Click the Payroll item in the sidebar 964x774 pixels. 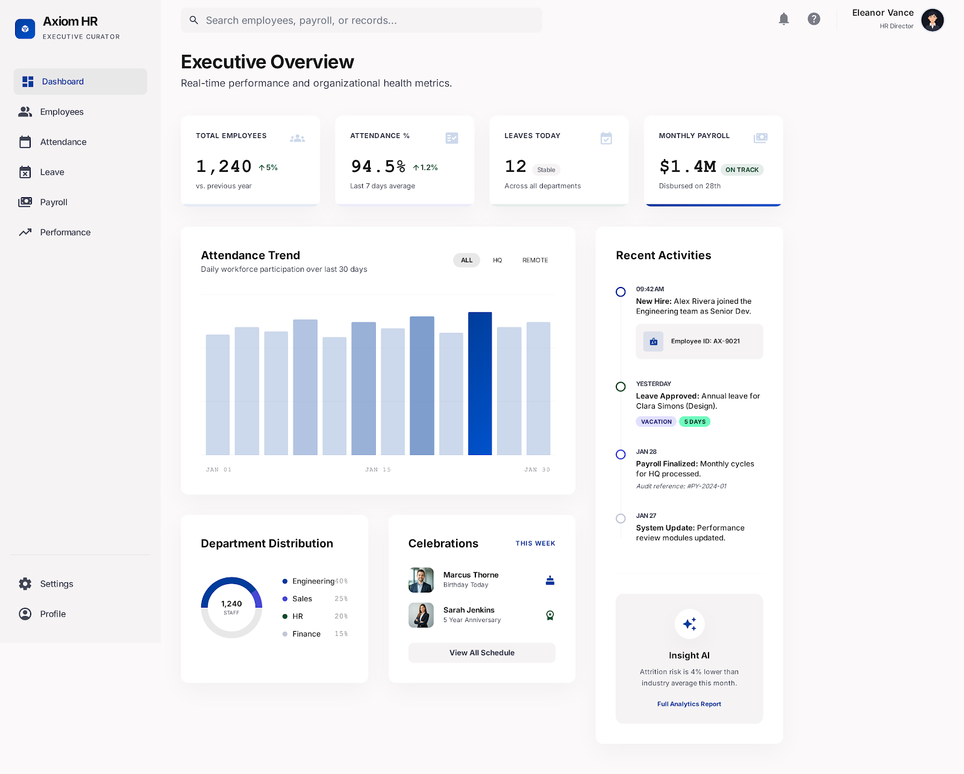pyautogui.click(x=53, y=202)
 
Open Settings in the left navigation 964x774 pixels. pyautogui.click(x=56, y=584)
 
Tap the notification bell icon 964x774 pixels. pyautogui.click(x=783, y=19)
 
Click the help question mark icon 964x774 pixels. pyautogui.click(x=813, y=19)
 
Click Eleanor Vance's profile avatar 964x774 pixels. pyautogui.click(x=932, y=20)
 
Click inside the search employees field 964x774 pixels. pyautogui.click(x=361, y=20)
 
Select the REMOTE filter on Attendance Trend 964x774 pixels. pyautogui.click(x=534, y=260)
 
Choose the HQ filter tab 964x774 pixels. pyautogui.click(x=497, y=260)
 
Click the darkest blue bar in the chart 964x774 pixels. pyautogui.click(x=480, y=383)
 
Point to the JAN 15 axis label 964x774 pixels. pyautogui.click(x=378, y=470)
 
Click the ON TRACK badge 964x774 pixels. pyautogui.click(x=742, y=170)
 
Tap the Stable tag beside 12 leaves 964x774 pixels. pyautogui.click(x=546, y=170)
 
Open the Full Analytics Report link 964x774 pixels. pyautogui.click(x=689, y=704)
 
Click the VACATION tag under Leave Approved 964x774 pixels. pyautogui.click(x=656, y=422)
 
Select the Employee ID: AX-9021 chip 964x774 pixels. pyautogui.click(x=699, y=341)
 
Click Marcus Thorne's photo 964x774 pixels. pyautogui.click(x=421, y=580)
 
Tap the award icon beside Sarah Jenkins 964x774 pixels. pyautogui.click(x=549, y=615)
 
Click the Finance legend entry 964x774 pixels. pyautogui.click(x=306, y=634)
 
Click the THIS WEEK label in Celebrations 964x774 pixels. pyautogui.click(x=535, y=543)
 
